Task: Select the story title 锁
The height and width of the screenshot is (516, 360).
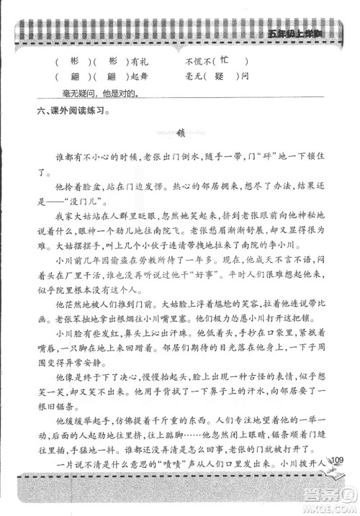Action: click(181, 133)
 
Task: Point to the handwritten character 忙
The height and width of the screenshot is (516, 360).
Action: click(224, 60)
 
